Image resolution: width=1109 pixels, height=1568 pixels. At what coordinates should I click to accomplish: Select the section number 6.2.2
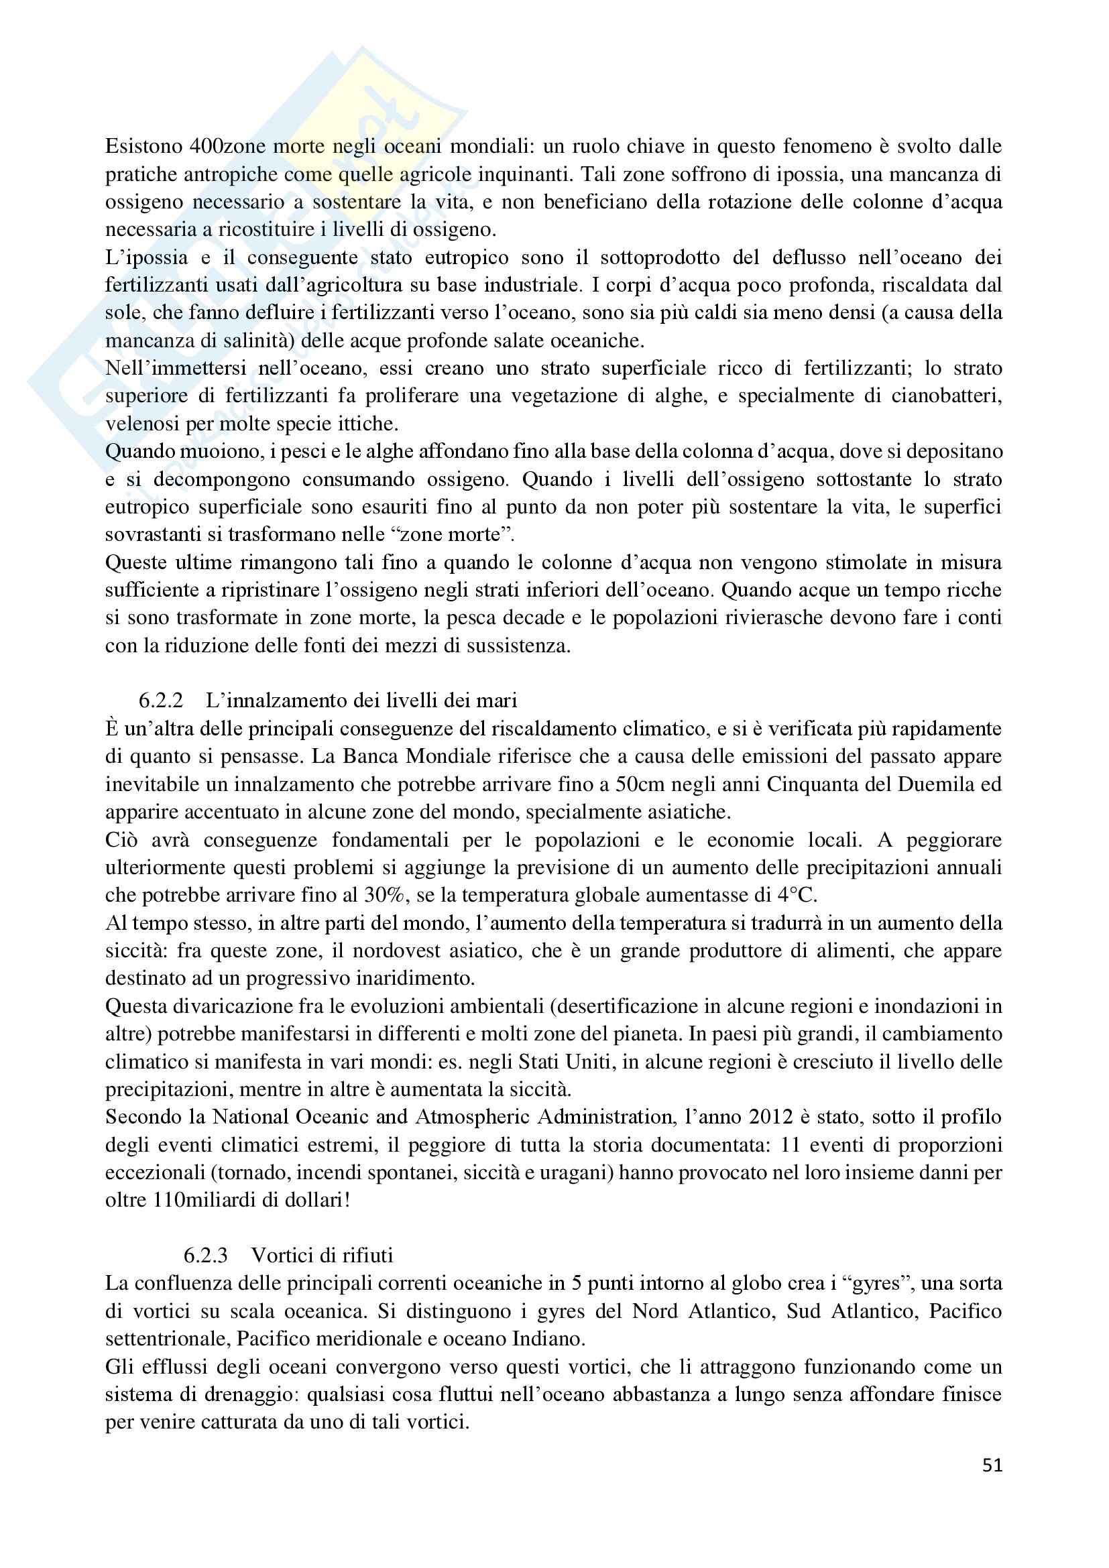pos(161,700)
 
